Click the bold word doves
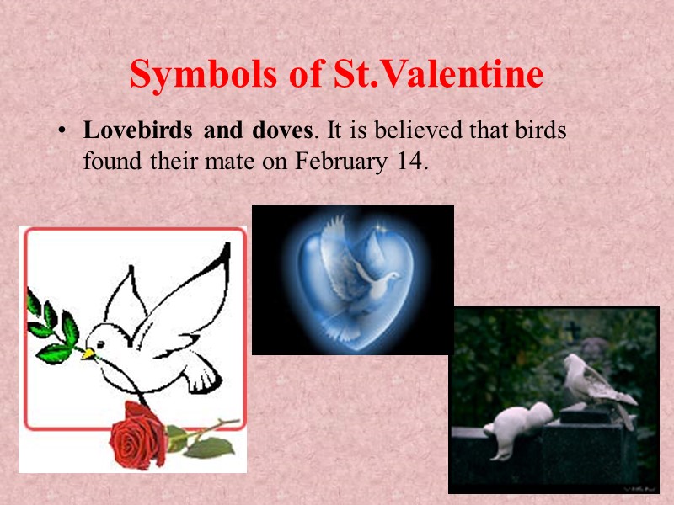tap(280, 132)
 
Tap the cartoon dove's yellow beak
tap(88, 353)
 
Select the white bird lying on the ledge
tap(514, 426)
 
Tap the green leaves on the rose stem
tap(202, 446)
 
